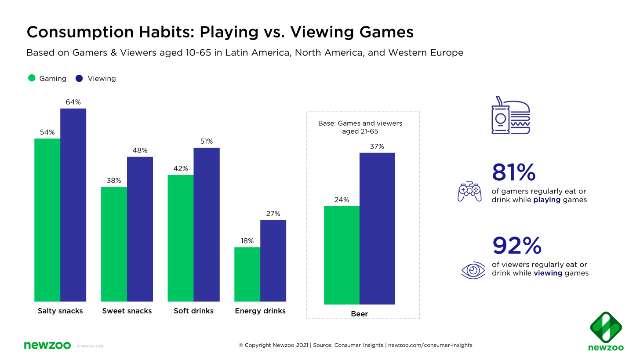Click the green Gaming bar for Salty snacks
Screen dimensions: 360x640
(x=47, y=220)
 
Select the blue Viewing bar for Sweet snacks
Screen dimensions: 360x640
(x=140, y=229)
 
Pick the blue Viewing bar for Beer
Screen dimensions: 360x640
(x=377, y=229)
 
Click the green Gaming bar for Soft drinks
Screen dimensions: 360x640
(x=180, y=238)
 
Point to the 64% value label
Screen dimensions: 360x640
(x=73, y=102)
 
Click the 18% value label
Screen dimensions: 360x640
(x=247, y=241)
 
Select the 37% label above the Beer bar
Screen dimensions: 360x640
(x=377, y=146)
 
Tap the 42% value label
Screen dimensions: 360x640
(x=181, y=168)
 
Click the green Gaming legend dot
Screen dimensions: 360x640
(x=32, y=78)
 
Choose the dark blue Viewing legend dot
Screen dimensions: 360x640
(x=79, y=78)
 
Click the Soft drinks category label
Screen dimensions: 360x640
(x=193, y=311)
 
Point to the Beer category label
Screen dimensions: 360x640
(x=359, y=314)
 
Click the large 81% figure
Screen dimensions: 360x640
(x=514, y=172)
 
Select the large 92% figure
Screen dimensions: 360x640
(x=516, y=246)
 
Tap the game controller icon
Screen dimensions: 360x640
(x=469, y=191)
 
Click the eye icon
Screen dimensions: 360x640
(x=473, y=270)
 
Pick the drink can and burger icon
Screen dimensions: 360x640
(x=510, y=115)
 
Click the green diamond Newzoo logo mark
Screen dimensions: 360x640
(x=605, y=327)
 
